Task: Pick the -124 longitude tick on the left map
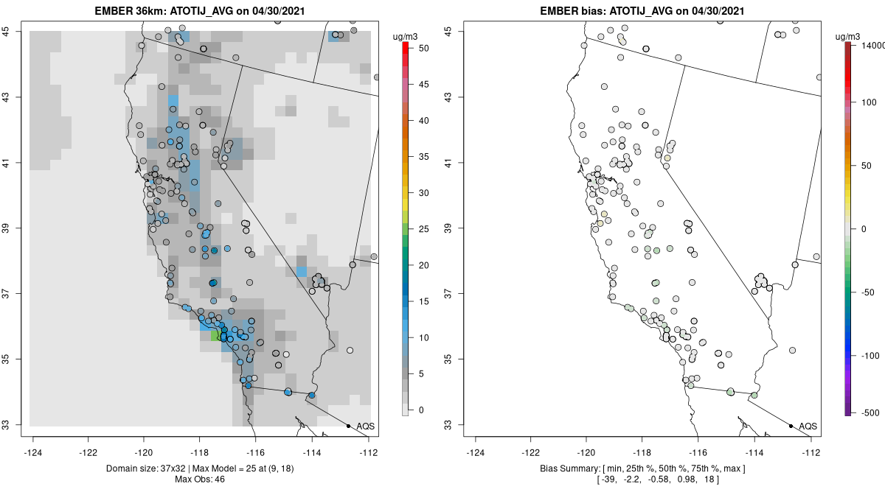pyautogui.click(x=34, y=452)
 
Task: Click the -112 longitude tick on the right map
pyautogui.click(x=811, y=452)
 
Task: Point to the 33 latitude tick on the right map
pyautogui.click(x=458, y=425)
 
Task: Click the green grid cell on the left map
pyautogui.click(x=215, y=336)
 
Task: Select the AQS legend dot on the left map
pyautogui.click(x=348, y=426)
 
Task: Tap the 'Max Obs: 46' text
pyautogui.click(x=200, y=480)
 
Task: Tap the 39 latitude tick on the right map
pyautogui.click(x=458, y=228)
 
